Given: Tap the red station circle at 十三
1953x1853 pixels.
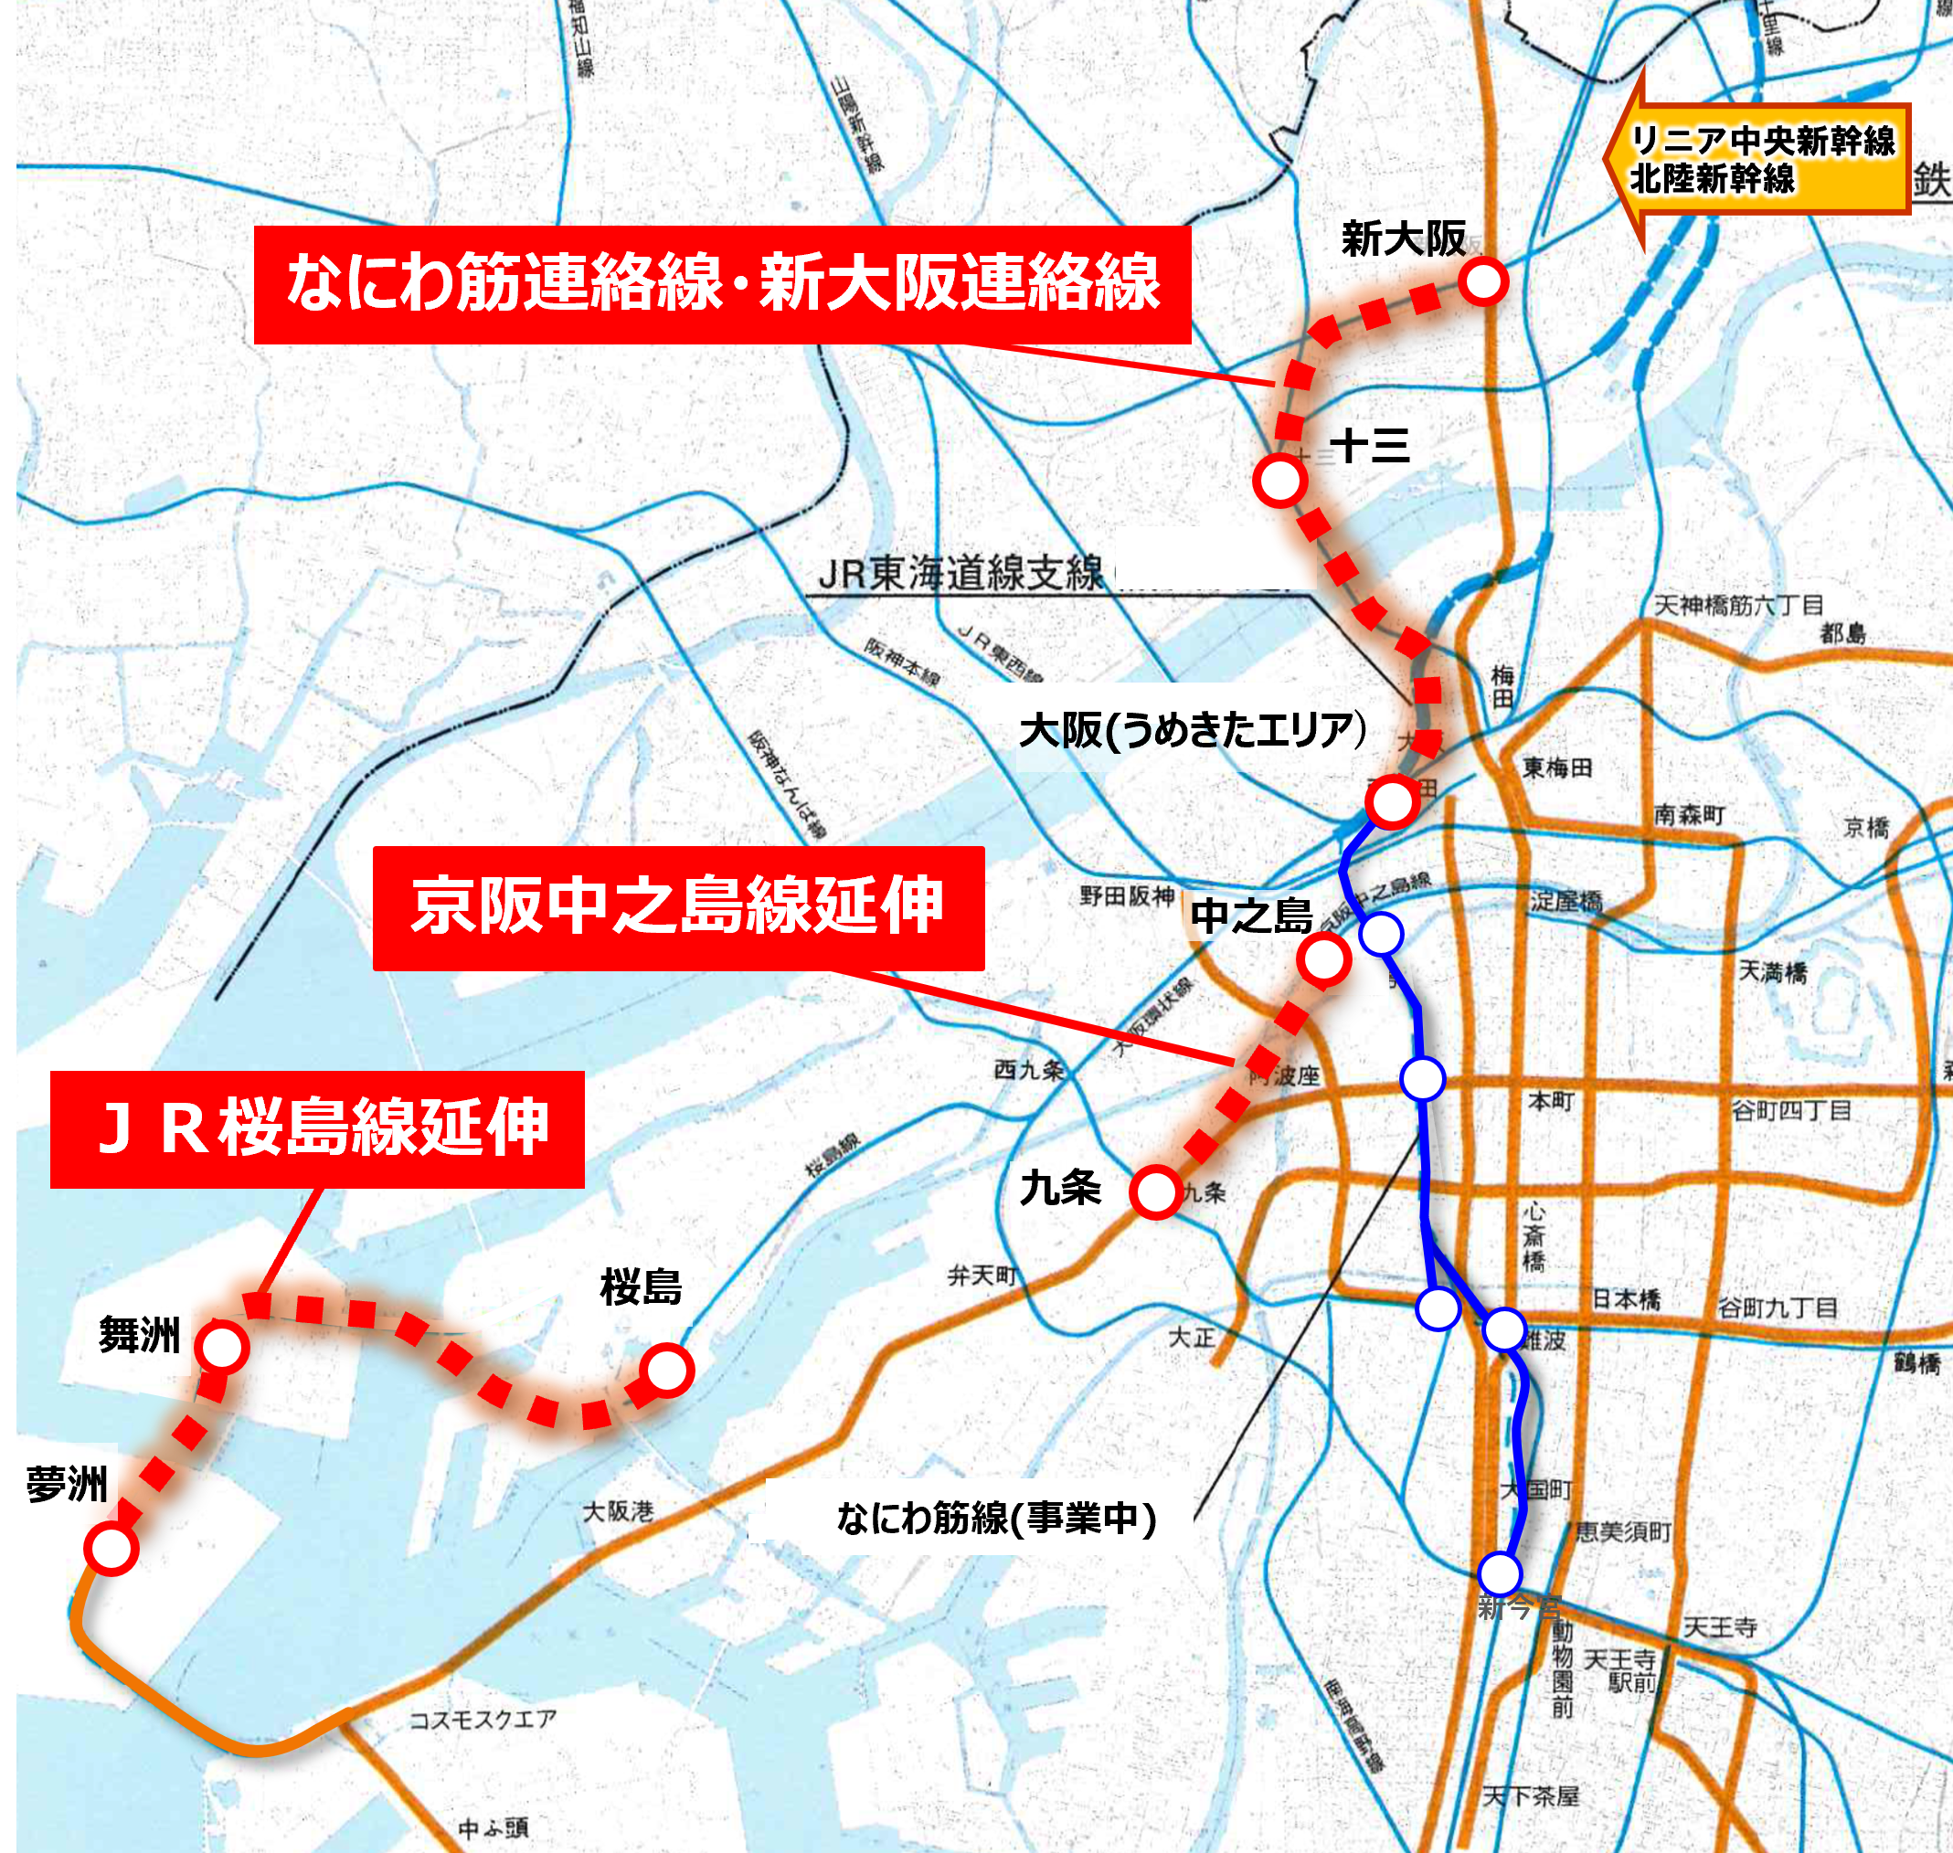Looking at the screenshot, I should coord(1280,481).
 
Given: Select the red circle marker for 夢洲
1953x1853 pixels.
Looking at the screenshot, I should coord(111,1548).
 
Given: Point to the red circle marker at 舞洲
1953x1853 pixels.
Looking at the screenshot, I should coord(221,1346).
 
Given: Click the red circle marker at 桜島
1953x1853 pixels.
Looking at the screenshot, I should coord(667,1370).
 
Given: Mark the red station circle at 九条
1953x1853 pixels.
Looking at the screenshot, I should coord(1156,1191).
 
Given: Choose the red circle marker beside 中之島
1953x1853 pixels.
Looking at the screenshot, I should coord(1323,959).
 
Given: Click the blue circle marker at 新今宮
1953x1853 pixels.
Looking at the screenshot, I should coord(1500,1572).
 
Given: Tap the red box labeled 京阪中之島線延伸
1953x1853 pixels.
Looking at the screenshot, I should coord(678,906).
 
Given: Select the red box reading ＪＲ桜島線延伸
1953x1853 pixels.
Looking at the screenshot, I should coord(317,1128).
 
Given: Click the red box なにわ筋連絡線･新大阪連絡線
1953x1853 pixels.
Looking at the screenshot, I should coord(722,284).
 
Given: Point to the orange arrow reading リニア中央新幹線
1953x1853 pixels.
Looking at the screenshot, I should coord(1758,159).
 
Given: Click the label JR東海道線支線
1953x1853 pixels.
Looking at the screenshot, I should coord(961,573).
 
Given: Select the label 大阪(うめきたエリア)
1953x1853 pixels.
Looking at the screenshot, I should coord(1193,731).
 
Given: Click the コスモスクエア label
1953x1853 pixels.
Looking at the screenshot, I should coord(483,1720).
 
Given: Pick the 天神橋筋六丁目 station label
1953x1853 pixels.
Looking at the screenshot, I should coord(1738,605).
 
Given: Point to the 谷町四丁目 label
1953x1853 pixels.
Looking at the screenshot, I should coord(1791,1110).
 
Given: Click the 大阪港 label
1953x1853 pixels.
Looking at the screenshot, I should coord(618,1511).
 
